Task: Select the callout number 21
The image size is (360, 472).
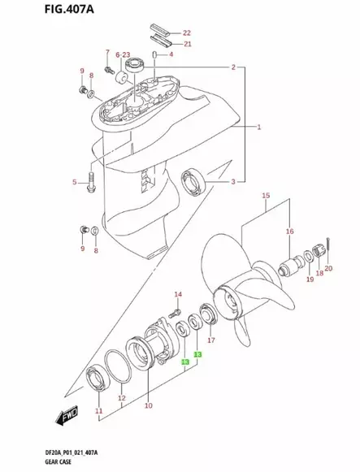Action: [188, 44]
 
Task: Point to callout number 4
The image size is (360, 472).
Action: [170, 55]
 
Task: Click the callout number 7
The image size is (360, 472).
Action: [106, 53]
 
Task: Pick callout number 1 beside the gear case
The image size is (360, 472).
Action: [258, 128]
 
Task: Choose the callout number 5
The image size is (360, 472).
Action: [75, 182]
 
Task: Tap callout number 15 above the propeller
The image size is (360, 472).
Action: [266, 197]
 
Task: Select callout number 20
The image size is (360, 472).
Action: [328, 268]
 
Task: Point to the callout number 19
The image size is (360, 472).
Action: [310, 279]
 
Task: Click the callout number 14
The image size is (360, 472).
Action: [179, 293]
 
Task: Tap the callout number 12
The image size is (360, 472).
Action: [122, 398]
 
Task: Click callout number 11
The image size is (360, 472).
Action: [99, 412]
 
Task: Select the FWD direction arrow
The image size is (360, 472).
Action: [64, 418]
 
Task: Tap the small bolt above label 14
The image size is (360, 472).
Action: [173, 310]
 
